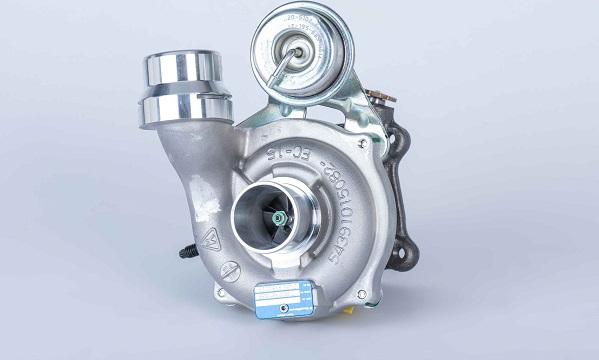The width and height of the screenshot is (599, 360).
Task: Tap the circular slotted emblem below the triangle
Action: pyautogui.click(x=230, y=269)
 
